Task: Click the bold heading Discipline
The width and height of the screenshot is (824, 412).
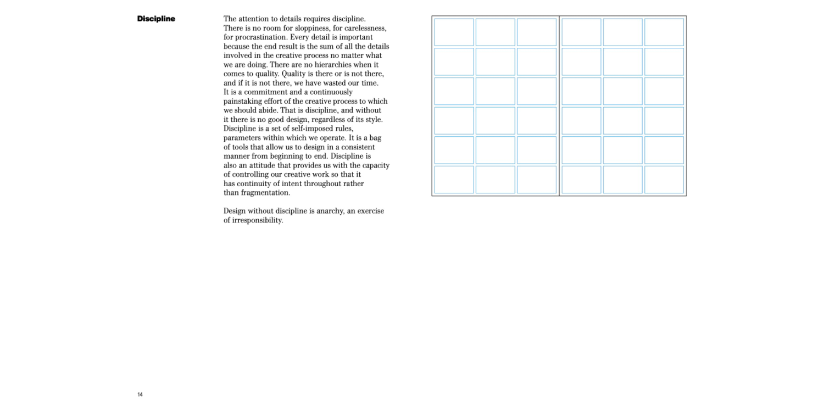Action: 156,19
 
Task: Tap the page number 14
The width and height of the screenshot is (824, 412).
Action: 140,394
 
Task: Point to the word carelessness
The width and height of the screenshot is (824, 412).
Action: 365,28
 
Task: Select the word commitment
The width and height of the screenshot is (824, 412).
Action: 265,92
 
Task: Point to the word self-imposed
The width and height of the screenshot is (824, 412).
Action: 311,129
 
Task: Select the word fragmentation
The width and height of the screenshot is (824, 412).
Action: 265,193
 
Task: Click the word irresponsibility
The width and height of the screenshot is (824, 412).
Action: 258,220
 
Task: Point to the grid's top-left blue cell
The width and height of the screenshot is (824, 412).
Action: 454,32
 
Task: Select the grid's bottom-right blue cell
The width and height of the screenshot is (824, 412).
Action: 664,180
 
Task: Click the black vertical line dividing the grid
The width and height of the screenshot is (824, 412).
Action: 559,105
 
